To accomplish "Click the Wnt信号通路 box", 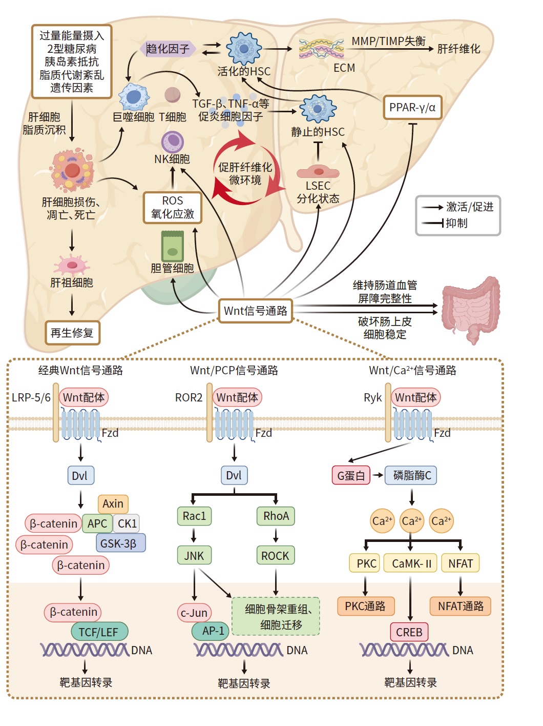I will tap(256, 311).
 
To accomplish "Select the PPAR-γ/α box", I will tap(412, 108).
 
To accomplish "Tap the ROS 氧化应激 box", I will tap(173, 208).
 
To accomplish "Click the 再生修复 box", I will tap(72, 333).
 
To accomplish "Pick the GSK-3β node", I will tap(120, 543).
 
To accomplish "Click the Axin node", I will tap(113, 504).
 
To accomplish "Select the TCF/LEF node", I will tap(98, 632).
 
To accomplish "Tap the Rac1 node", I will tap(194, 516).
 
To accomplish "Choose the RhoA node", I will tap(276, 516).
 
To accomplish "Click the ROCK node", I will tap(275, 555).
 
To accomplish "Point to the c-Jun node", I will tap(194, 613).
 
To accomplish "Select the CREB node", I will tap(409, 632).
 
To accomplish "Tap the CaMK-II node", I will tap(411, 563).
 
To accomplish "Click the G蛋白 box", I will tap(351, 476).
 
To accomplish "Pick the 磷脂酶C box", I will tap(411, 476).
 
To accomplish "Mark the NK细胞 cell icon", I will tap(173, 142).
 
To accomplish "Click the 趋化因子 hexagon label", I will tap(168, 49).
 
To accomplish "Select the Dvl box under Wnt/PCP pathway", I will tap(234, 476).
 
